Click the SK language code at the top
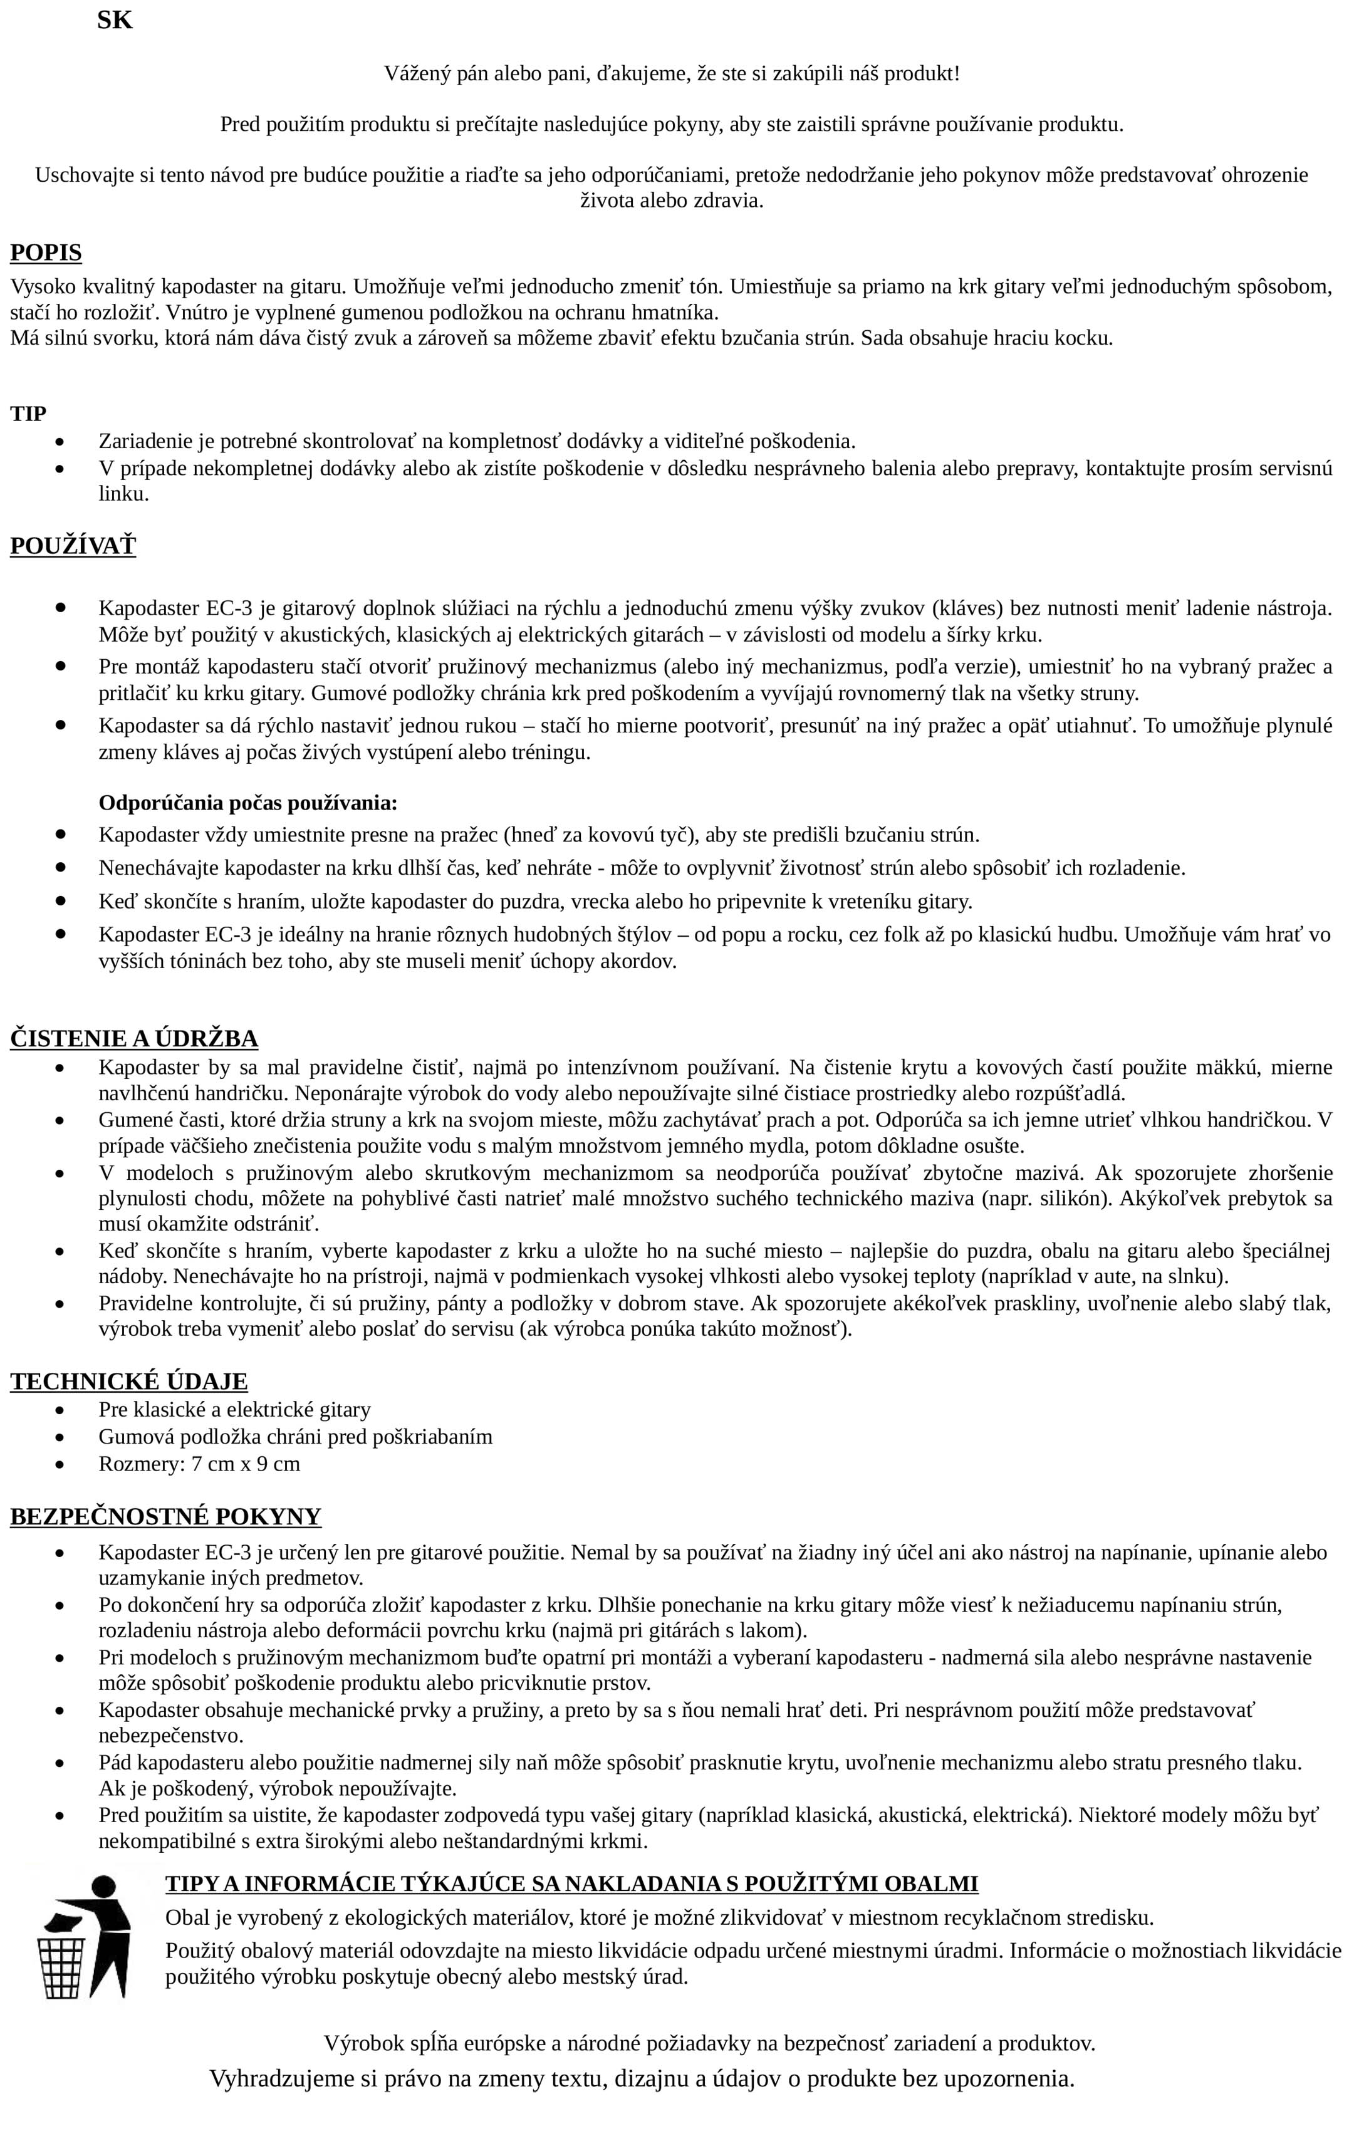(114, 21)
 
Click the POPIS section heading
(46, 253)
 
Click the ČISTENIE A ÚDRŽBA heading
(133, 1038)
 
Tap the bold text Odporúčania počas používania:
(247, 803)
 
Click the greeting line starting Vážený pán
(672, 73)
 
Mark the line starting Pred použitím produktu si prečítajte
(672, 124)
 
